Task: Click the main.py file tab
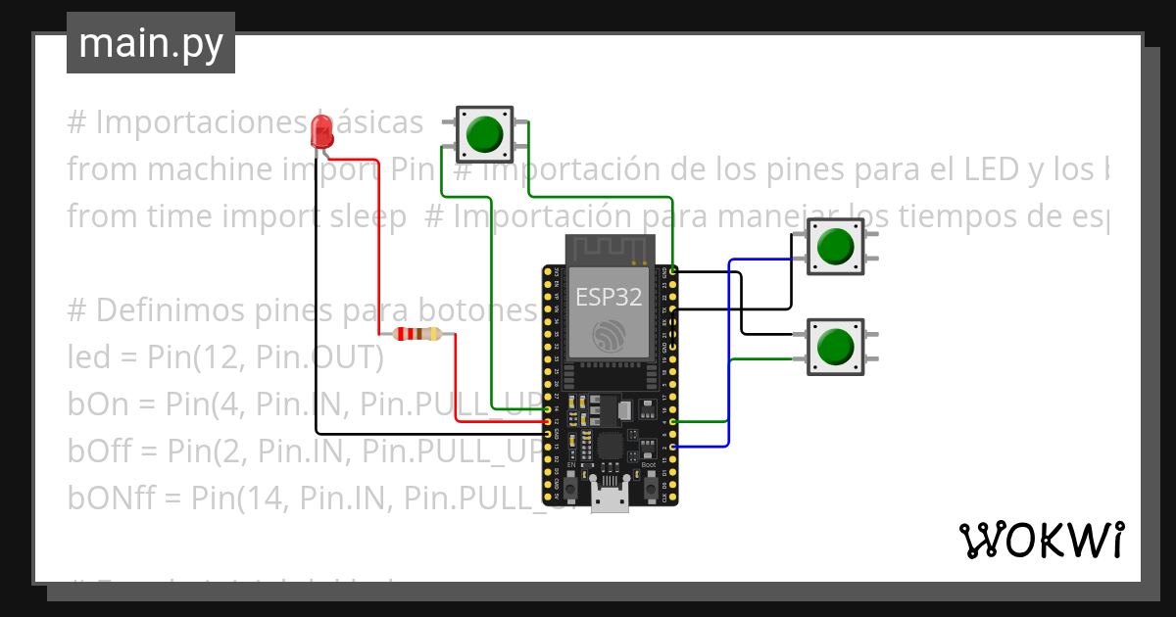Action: [150, 43]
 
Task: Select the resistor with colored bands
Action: [417, 334]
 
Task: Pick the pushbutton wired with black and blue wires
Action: [835, 245]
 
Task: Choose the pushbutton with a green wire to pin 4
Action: [835, 346]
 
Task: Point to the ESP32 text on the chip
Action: [609, 297]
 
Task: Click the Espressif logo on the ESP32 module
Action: [609, 335]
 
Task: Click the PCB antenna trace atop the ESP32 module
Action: [609, 250]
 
